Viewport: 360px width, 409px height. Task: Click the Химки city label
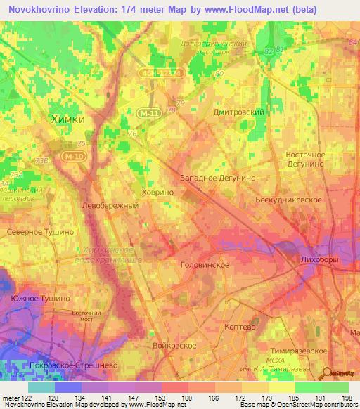click(x=68, y=119)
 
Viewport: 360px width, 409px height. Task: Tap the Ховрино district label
click(x=156, y=191)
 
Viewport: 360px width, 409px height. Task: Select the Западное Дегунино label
click(x=218, y=178)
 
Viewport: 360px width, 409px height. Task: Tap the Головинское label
click(x=206, y=265)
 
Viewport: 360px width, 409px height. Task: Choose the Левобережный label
click(x=110, y=206)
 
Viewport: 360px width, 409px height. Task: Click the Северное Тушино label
click(x=39, y=231)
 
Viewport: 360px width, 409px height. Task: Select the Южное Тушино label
click(x=40, y=299)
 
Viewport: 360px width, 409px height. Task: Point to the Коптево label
click(x=241, y=327)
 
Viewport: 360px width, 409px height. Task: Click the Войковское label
click(x=174, y=346)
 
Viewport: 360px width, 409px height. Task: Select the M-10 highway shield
click(x=72, y=156)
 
